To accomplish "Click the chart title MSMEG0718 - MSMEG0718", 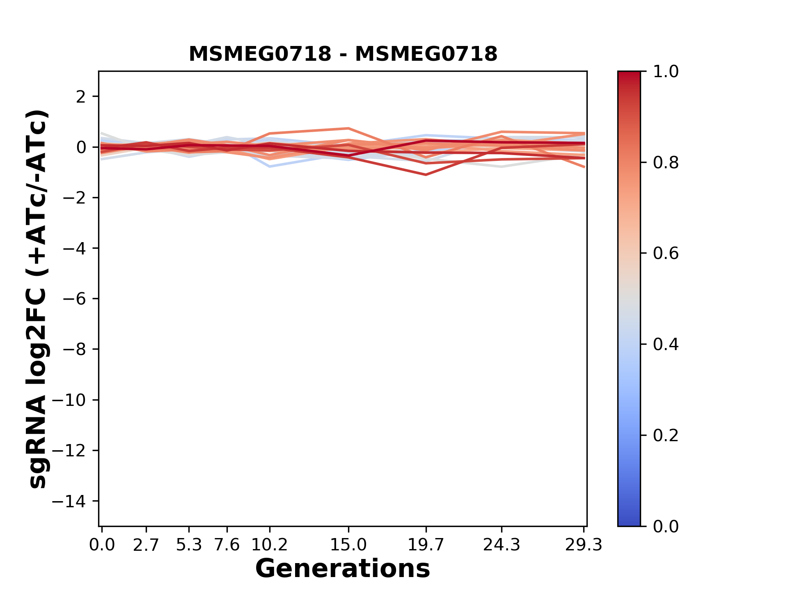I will pos(343,54).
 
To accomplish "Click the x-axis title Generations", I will pos(343,569).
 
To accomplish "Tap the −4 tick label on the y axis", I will pos(74,248).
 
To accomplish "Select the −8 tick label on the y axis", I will pos(74,349).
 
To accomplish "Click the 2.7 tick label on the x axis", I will pos(146,545).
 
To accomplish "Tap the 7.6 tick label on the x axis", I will pos(227,545).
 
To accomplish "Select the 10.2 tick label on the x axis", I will pos(269,545).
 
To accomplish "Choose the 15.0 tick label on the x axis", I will pos(348,545).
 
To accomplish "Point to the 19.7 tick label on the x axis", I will pos(426,545).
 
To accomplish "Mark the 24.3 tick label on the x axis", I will pos(502,545).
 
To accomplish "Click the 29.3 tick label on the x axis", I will pos(584,545).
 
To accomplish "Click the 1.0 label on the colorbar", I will pos(666,72).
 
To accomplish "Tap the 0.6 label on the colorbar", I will pos(666,254).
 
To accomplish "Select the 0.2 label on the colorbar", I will pos(666,435).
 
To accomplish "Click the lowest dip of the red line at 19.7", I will pos(426,175).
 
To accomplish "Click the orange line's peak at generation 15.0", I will pos(348,128).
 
